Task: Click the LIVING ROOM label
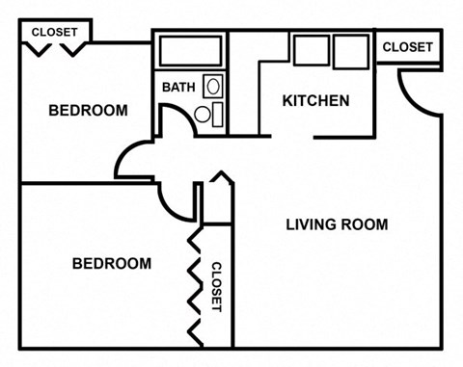pos(337,225)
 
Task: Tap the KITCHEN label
pos(315,101)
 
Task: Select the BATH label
pos(178,88)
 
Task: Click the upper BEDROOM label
pos(88,111)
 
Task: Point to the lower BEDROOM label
pos(112,263)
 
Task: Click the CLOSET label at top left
pos(55,32)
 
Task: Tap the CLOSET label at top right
pos(407,46)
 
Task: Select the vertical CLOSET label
pos(216,286)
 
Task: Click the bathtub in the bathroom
pos(190,50)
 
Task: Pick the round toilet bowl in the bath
pos(204,115)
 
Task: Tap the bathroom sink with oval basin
pos(213,87)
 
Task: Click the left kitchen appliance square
pos(311,49)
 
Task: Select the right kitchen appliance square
pos(351,49)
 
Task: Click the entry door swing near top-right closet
pos(417,88)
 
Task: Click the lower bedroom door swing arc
pos(175,200)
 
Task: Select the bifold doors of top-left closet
pos(56,46)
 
